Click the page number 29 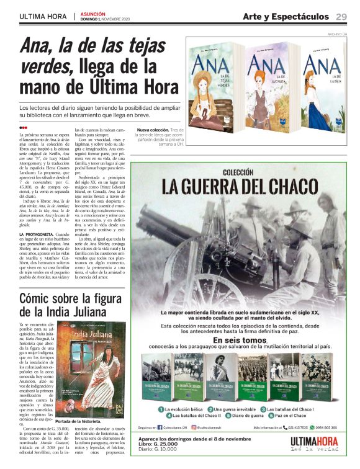click(x=341, y=17)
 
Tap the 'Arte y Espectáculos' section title click(x=286, y=17)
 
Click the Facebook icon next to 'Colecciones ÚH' click(x=160, y=427)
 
